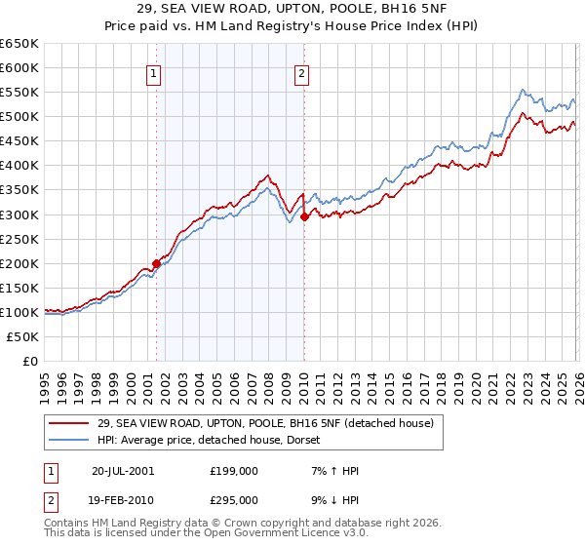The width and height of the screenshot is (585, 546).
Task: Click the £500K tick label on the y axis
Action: tap(19, 116)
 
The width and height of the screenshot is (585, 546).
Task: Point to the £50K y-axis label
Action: tap(21, 336)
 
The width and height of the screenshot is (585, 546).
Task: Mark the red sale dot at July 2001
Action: tap(157, 263)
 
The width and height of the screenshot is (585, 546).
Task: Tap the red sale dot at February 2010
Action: tap(304, 216)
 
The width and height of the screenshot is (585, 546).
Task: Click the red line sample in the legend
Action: tap(69, 422)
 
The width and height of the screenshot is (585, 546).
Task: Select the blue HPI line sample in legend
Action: tap(69, 440)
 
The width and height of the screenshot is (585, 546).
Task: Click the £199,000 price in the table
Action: tap(234, 471)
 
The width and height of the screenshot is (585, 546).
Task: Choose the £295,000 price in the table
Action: tap(234, 499)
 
